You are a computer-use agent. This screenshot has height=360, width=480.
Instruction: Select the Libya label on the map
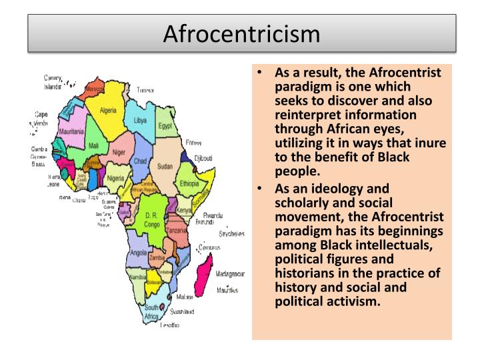point(140,121)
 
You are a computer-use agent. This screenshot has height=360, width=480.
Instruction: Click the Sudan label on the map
point(164,167)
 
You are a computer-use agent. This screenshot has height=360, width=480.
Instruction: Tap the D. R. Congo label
point(151,221)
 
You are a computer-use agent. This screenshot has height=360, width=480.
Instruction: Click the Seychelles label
point(233,234)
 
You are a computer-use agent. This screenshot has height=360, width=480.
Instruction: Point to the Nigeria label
point(116,178)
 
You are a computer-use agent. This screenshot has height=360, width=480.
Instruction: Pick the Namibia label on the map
point(137,276)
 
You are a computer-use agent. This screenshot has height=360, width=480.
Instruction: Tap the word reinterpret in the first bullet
point(307,113)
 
